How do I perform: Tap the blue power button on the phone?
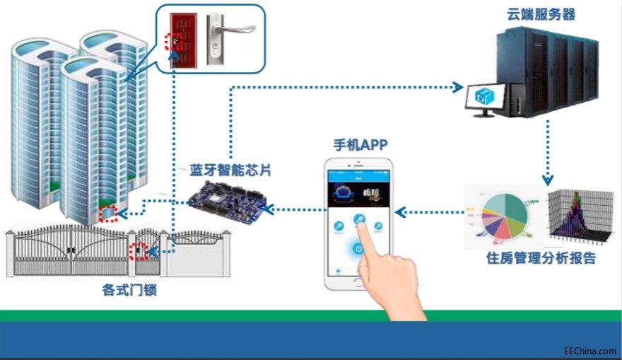point(358,249)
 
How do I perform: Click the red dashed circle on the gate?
point(140,251)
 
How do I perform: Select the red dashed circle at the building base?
point(107,213)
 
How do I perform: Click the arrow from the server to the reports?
point(546,152)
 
